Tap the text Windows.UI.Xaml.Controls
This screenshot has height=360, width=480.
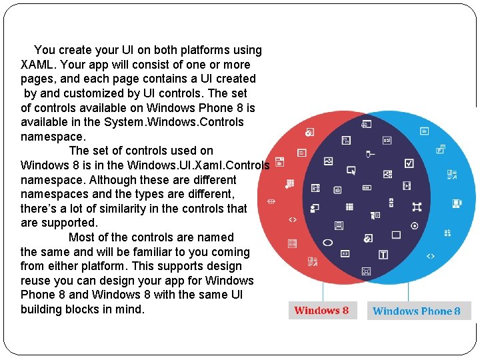(198, 165)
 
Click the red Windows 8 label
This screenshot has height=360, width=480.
(321, 311)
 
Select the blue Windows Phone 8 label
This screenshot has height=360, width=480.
(417, 311)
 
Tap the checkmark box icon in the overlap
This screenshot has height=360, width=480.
(409, 163)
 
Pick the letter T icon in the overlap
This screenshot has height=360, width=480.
(383, 255)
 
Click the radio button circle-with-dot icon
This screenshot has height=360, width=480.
(415, 226)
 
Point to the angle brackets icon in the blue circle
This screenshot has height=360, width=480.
(431, 255)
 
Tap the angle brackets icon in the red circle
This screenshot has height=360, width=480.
(292, 219)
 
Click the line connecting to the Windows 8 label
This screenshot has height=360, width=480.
(323, 291)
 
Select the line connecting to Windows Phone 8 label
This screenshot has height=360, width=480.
(417, 291)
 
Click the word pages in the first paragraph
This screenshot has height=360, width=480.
(37, 79)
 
